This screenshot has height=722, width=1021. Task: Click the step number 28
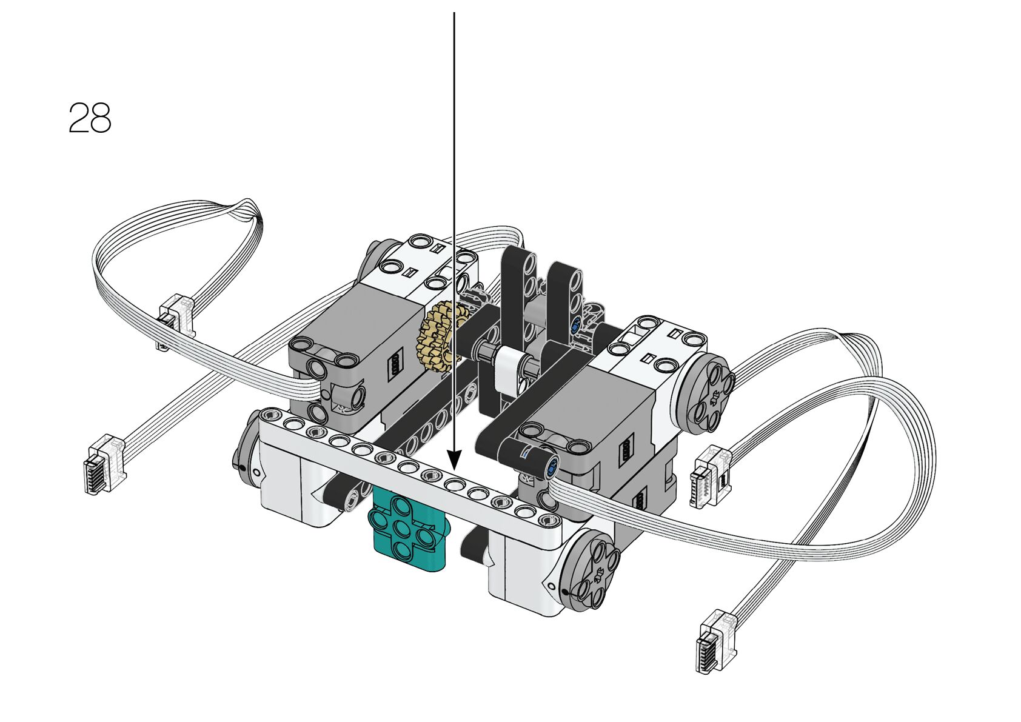click(90, 118)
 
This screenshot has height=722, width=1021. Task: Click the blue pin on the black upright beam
click(575, 326)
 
